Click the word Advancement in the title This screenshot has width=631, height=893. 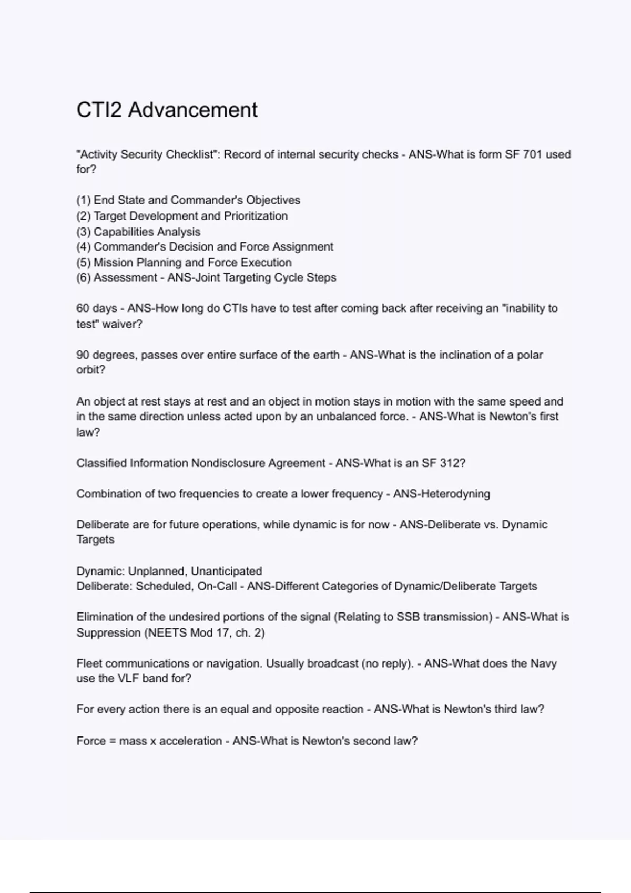point(192,110)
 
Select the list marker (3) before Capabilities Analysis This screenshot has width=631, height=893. point(84,232)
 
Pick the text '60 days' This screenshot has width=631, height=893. point(97,308)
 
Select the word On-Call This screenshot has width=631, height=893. point(217,586)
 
